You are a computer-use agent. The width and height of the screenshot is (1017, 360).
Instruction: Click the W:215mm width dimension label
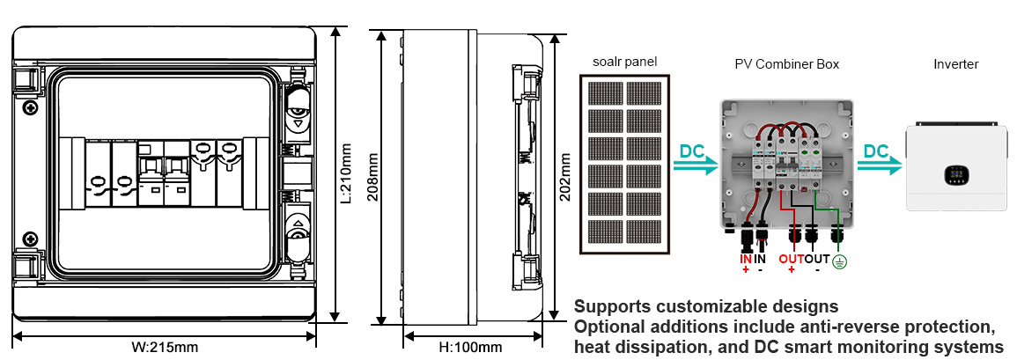(x=165, y=347)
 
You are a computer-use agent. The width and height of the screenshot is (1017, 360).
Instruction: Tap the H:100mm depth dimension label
(x=470, y=347)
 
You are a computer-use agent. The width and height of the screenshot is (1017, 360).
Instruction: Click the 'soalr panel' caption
(x=624, y=62)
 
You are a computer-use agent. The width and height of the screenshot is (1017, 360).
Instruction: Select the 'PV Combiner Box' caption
(x=786, y=64)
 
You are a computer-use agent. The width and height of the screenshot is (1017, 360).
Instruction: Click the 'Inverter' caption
(x=955, y=64)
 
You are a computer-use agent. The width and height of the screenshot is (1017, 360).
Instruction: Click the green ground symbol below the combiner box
(x=839, y=262)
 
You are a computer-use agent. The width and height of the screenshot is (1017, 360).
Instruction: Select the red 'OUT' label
(x=791, y=259)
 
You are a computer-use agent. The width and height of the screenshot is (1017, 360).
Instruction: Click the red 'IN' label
(x=745, y=259)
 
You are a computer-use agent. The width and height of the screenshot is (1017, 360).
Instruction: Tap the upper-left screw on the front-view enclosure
(x=31, y=108)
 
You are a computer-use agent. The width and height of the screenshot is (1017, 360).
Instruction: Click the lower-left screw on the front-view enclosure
(x=31, y=238)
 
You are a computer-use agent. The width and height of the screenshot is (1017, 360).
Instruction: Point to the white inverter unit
(x=955, y=167)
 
